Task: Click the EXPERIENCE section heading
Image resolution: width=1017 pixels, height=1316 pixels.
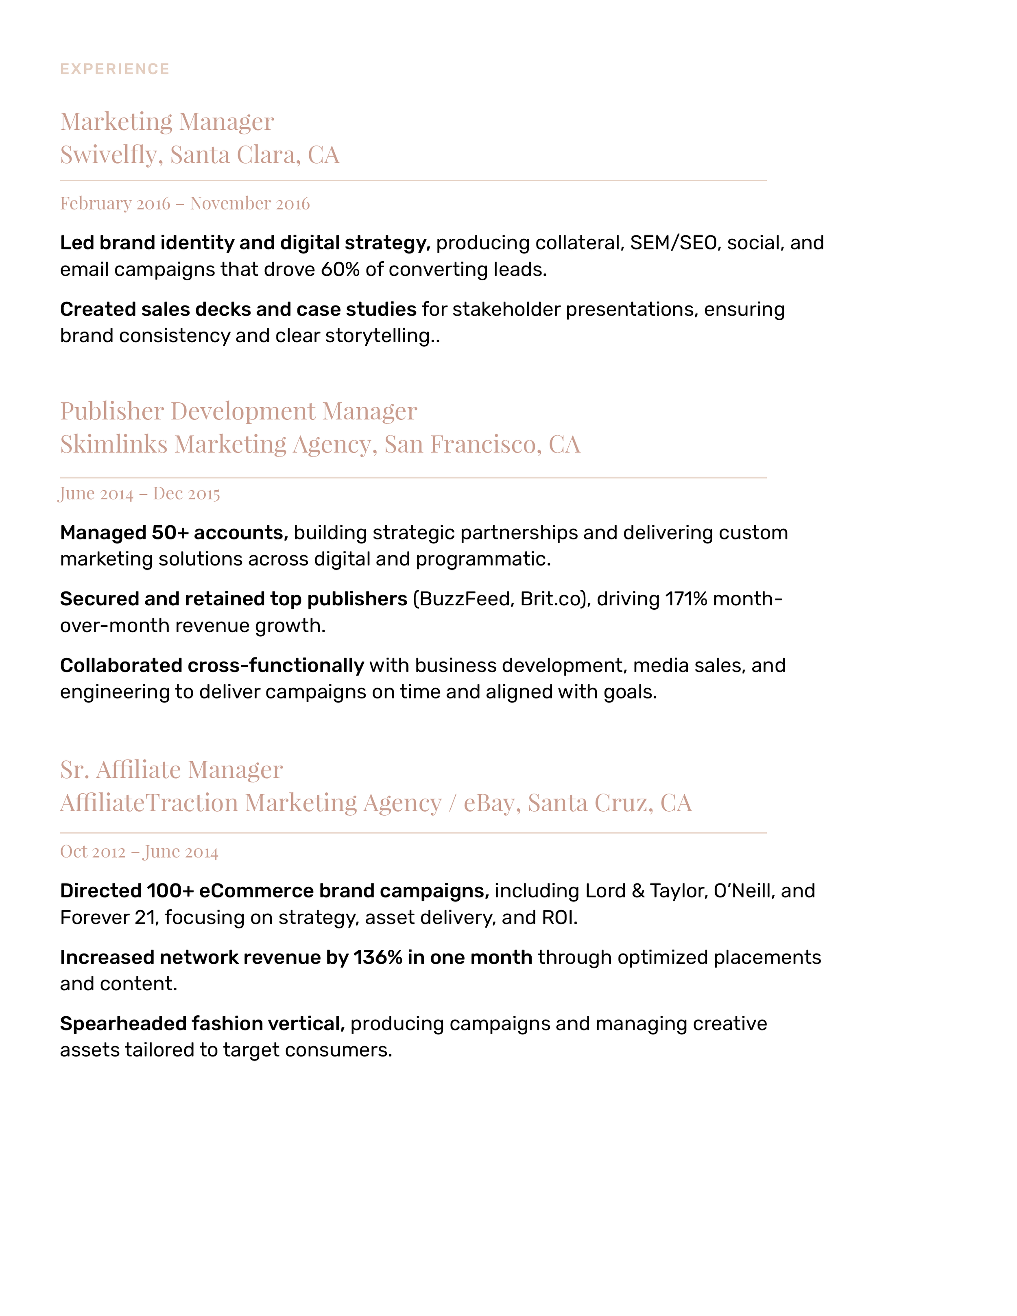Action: click(x=114, y=69)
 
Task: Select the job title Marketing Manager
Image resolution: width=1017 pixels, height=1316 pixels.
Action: click(x=167, y=122)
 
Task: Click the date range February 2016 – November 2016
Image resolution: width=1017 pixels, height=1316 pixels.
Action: click(x=184, y=204)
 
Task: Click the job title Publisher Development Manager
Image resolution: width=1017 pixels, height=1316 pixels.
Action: click(x=238, y=412)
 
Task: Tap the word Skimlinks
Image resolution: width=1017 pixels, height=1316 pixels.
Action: click(x=113, y=445)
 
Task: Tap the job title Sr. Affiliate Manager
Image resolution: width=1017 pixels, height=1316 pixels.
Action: click(x=171, y=770)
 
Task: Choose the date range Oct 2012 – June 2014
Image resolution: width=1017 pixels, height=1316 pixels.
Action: click(x=139, y=851)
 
